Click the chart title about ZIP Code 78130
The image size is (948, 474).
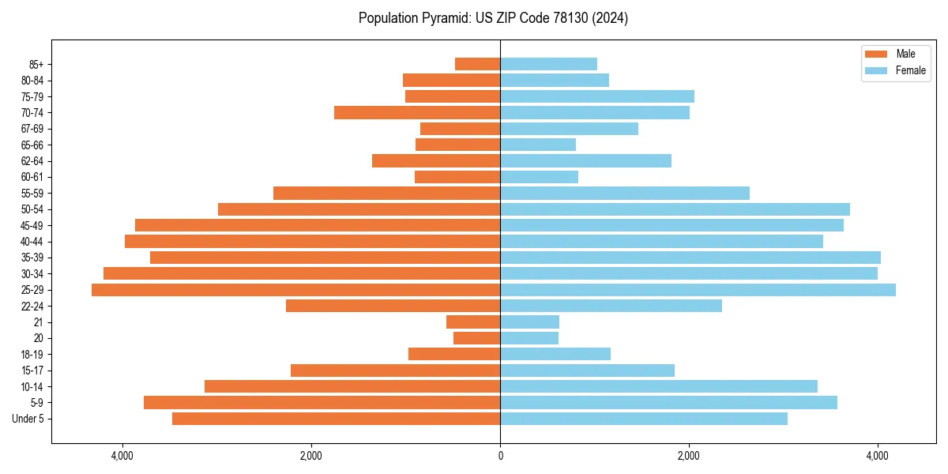pyautogui.click(x=493, y=18)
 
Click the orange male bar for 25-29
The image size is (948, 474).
pyautogui.click(x=295, y=290)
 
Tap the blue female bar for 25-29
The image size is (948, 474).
pyautogui.click(x=698, y=290)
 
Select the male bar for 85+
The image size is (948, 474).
pyautogui.click(x=477, y=64)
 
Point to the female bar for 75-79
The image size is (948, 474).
pyautogui.click(x=597, y=96)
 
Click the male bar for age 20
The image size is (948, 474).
pyautogui.click(x=476, y=338)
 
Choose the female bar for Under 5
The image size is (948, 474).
pyautogui.click(x=644, y=419)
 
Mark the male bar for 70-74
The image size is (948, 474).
pyautogui.click(x=417, y=112)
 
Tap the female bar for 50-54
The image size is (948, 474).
pyautogui.click(x=675, y=209)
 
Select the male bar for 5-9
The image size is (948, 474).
pyautogui.click(x=322, y=402)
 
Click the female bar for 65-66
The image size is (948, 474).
pyautogui.click(x=538, y=145)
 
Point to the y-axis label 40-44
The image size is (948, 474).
pyautogui.click(x=32, y=242)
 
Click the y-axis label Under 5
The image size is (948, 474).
pyautogui.click(x=28, y=419)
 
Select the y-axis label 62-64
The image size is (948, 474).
pyautogui.click(x=32, y=161)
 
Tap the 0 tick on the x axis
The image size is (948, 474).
pyautogui.click(x=500, y=456)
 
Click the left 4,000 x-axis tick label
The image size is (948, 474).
pyautogui.click(x=122, y=456)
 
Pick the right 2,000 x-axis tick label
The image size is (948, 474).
pyautogui.click(x=689, y=456)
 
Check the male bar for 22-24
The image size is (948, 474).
pyautogui.click(x=393, y=306)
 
